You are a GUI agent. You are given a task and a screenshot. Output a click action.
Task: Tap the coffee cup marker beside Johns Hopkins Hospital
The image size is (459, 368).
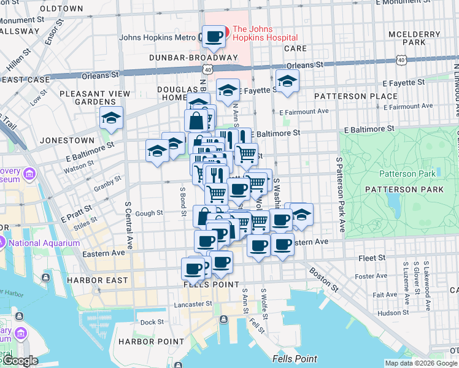point(214,37)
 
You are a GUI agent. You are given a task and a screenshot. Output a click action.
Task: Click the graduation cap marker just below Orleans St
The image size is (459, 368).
point(287,80)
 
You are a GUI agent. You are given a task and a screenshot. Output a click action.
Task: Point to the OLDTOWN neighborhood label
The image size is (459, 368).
point(61,9)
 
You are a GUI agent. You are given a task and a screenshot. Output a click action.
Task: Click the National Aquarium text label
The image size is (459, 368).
point(44,243)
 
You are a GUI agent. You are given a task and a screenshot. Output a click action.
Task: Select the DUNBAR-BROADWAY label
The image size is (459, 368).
point(193,58)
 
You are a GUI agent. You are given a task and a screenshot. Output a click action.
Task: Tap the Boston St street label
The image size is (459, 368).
point(324,278)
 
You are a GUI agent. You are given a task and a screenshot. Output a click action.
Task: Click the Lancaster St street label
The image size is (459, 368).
point(192,303)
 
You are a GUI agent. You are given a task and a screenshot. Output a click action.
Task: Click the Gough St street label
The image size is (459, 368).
point(149,213)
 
